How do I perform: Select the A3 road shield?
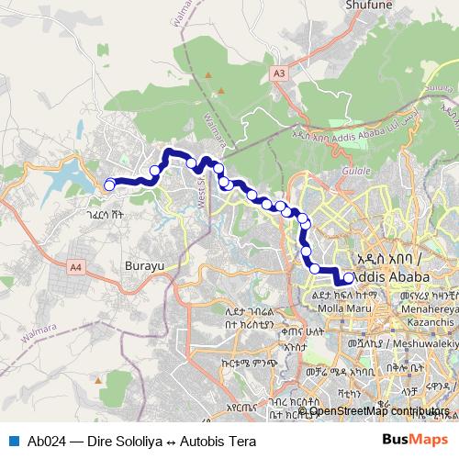click(278, 72)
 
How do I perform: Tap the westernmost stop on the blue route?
click(109, 185)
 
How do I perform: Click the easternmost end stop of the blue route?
click(348, 277)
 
